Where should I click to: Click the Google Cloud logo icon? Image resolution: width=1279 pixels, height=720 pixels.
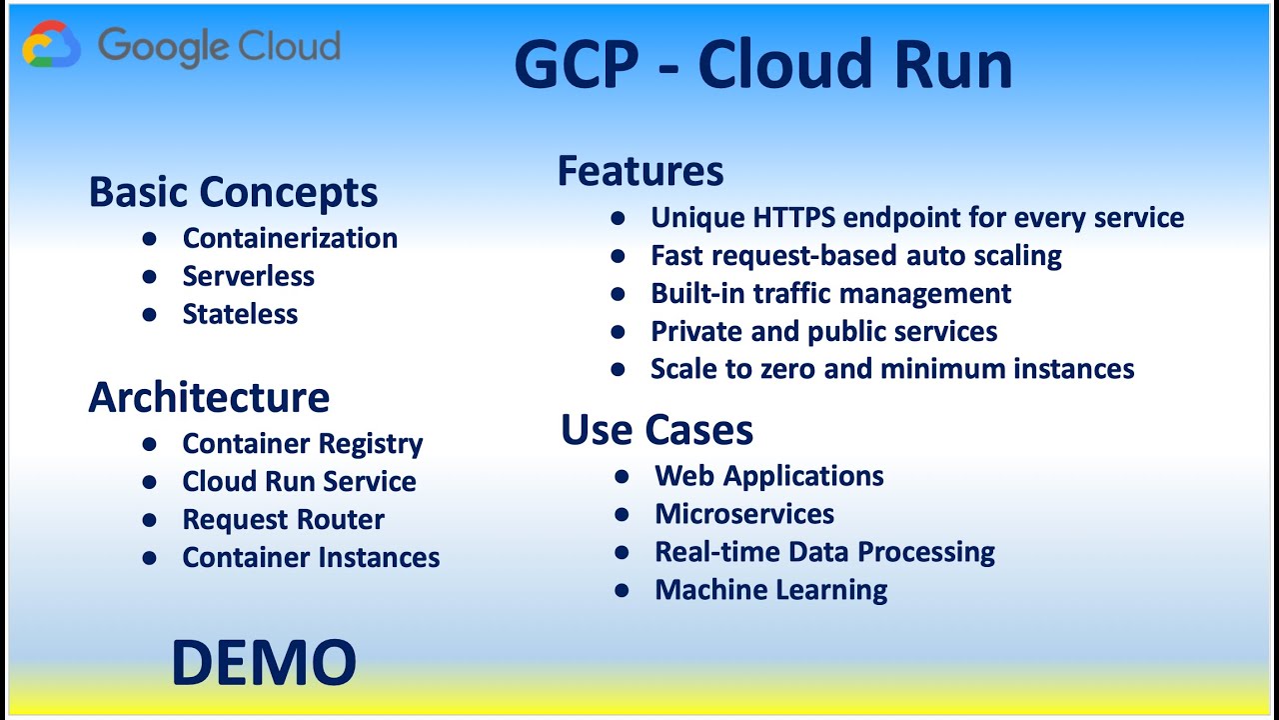52,46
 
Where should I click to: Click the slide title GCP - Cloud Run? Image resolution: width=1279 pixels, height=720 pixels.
762,66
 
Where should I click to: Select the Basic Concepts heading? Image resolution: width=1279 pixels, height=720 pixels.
233,192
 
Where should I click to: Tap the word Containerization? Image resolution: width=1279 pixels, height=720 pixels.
290,238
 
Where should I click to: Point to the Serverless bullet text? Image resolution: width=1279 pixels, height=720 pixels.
248,276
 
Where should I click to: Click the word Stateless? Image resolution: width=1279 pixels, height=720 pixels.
240,314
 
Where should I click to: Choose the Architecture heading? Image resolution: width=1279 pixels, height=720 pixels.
209,397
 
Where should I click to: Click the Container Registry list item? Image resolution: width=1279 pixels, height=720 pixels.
302,443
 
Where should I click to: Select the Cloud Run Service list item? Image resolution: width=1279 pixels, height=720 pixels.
299,481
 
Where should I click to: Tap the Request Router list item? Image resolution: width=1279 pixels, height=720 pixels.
283,520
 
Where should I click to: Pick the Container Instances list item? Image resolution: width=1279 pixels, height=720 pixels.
311,557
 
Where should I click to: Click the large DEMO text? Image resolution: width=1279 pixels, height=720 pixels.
264,663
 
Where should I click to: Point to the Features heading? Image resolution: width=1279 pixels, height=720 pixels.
639,171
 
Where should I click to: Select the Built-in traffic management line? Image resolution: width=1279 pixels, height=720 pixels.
830,294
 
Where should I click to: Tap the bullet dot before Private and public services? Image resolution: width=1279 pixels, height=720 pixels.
619,332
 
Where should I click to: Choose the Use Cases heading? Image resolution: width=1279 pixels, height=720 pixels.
656,430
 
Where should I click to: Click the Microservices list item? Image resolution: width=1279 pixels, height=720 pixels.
744,514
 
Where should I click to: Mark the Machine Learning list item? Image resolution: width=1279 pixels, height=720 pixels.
770,590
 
